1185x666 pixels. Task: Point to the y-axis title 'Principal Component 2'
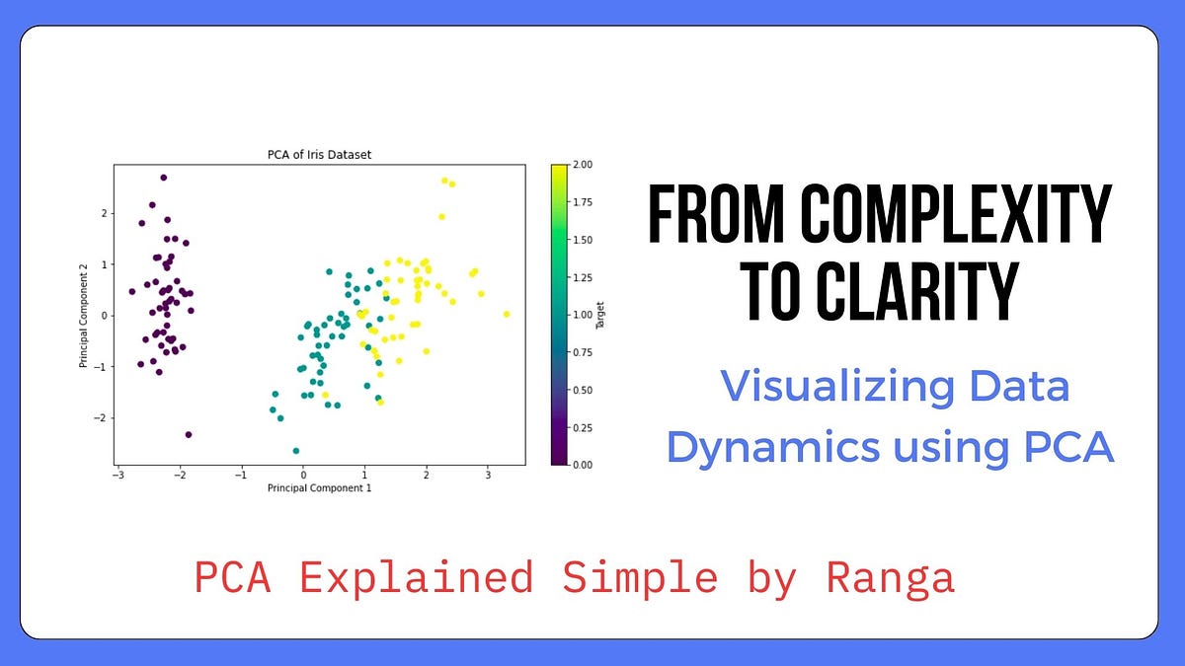pos(85,316)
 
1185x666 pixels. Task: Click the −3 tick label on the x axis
pos(118,475)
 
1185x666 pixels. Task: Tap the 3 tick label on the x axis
pos(488,475)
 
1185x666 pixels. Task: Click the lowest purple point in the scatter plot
pos(189,434)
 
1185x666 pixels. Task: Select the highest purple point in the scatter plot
pos(164,178)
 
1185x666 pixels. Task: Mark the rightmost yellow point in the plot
pos(507,314)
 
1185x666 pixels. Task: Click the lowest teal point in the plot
pos(295,451)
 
